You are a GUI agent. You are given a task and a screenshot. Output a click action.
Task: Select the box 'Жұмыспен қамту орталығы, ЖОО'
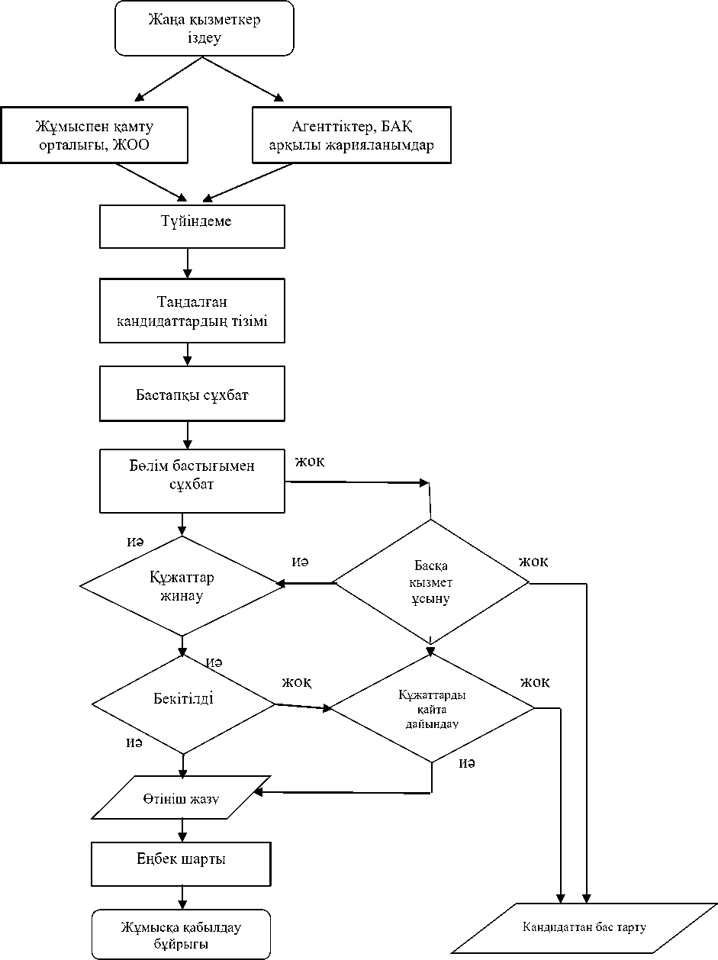click(x=95, y=135)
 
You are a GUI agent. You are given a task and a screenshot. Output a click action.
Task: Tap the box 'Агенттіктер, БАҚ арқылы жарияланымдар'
click(x=352, y=135)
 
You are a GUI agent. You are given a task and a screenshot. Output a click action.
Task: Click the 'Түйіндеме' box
click(x=192, y=227)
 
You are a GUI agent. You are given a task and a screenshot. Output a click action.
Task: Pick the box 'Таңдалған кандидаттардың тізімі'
click(x=192, y=311)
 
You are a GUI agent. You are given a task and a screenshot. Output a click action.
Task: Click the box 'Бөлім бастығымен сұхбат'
click(x=192, y=481)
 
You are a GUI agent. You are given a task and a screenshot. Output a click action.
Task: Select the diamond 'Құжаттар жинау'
click(x=182, y=585)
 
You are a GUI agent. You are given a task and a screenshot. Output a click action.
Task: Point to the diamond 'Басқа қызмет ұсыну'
click(x=431, y=583)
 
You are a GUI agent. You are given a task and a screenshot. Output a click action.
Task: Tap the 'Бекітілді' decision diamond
click(x=183, y=699)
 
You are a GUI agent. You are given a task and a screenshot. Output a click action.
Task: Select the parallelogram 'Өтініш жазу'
click(x=181, y=798)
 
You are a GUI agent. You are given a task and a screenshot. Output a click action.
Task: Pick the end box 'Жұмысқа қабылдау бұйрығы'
click(x=182, y=934)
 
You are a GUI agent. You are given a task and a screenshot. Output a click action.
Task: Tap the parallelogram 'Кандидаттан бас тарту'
click(x=584, y=928)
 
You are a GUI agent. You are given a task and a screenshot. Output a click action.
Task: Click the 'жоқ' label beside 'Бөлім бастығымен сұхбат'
click(x=310, y=462)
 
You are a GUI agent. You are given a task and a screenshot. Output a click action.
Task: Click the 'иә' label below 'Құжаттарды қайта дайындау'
click(x=467, y=764)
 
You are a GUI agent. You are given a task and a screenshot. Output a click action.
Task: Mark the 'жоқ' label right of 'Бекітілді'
click(x=296, y=681)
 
